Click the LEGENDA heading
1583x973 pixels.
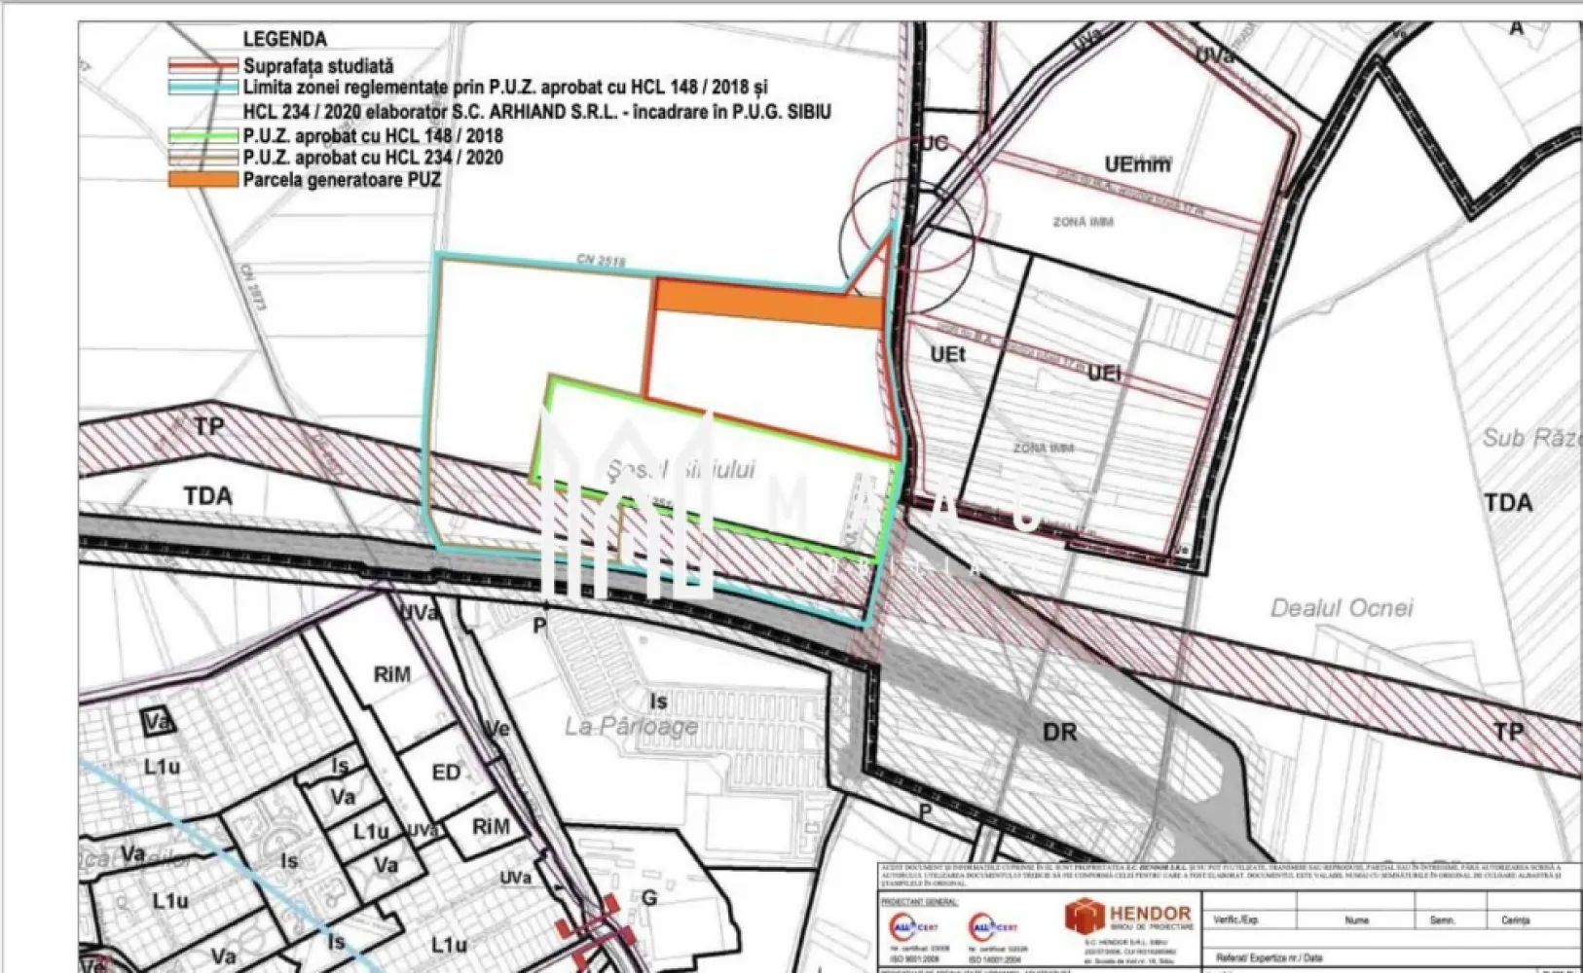[x=284, y=39]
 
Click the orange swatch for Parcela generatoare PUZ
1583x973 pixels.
[x=202, y=180]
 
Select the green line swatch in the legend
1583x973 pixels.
[x=202, y=136]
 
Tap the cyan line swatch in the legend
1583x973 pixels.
[x=202, y=88]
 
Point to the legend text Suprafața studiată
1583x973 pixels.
[x=318, y=66]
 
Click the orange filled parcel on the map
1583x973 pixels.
[x=769, y=305]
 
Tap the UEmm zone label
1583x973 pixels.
[x=1137, y=164]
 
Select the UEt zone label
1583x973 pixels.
[x=947, y=354]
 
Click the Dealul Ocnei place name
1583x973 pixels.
[x=1341, y=608]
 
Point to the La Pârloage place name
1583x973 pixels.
[x=631, y=726]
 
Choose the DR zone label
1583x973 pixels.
[x=1059, y=731]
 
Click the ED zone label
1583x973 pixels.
[x=446, y=773]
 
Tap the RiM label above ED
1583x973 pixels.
[x=391, y=673]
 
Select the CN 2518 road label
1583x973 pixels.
[x=601, y=261]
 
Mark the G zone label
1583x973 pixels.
[x=649, y=898]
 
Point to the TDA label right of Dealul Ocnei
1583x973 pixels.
[x=1508, y=502]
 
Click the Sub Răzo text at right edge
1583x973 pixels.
[x=1531, y=438]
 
